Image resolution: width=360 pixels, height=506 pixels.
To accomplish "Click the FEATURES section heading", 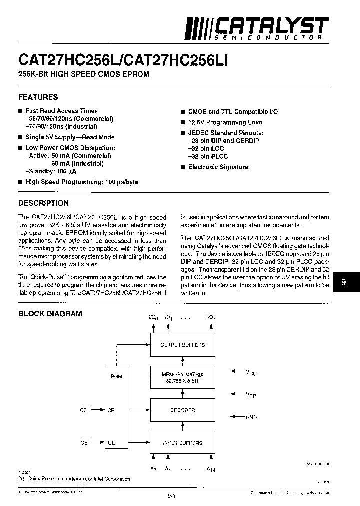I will [x=38, y=97].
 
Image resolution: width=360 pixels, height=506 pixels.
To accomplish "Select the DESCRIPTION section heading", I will [x=43, y=203].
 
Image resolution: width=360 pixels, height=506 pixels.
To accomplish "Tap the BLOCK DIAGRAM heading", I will [x=50, y=314].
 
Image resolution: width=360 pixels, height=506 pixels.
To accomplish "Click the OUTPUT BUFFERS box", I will [x=182, y=345].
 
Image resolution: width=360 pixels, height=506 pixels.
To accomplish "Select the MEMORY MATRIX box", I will [x=182, y=377].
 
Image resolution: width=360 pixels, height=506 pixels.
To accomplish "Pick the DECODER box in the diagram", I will [x=182, y=410].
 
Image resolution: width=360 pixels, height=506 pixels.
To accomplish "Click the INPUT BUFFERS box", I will [x=182, y=443].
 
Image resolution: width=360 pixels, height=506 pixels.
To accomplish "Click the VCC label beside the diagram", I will [x=251, y=373].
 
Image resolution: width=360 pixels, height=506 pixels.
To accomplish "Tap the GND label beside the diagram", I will [x=251, y=417].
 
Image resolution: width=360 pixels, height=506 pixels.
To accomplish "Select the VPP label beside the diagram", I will [x=251, y=395].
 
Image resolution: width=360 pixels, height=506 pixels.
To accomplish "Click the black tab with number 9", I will [x=343, y=282].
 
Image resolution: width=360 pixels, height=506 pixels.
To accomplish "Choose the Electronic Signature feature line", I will [x=218, y=167].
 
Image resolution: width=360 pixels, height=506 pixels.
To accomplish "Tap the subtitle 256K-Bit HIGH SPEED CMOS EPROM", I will [x=83, y=75].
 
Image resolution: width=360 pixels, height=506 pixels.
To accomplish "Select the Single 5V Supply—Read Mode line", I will [x=70, y=137].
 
